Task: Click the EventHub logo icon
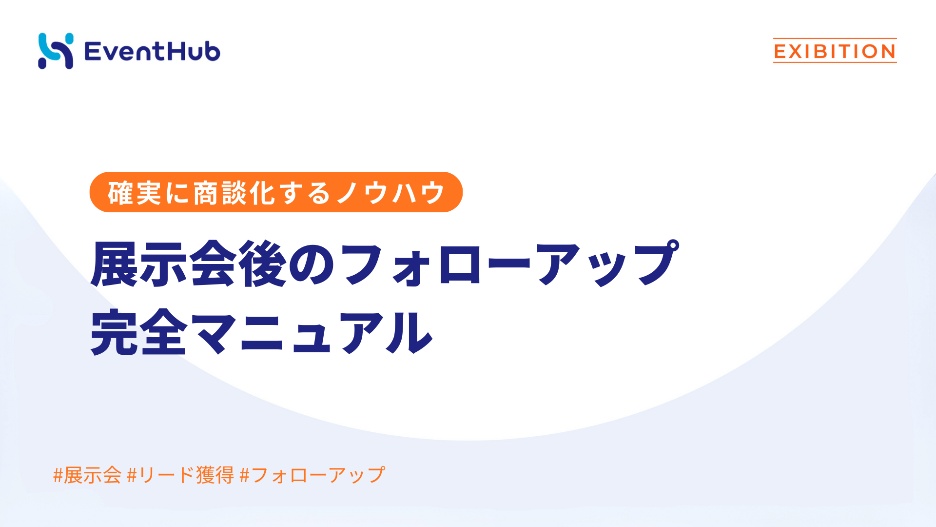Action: [x=56, y=51]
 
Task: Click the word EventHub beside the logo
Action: [x=152, y=51]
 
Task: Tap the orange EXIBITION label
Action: [x=835, y=51]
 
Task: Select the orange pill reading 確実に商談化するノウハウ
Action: [x=276, y=192]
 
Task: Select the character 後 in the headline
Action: [x=263, y=263]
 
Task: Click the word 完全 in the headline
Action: [x=139, y=333]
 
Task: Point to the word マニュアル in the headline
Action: [x=312, y=333]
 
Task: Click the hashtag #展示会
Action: [x=87, y=475]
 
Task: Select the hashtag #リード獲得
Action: [x=180, y=475]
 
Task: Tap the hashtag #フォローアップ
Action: [x=312, y=475]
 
